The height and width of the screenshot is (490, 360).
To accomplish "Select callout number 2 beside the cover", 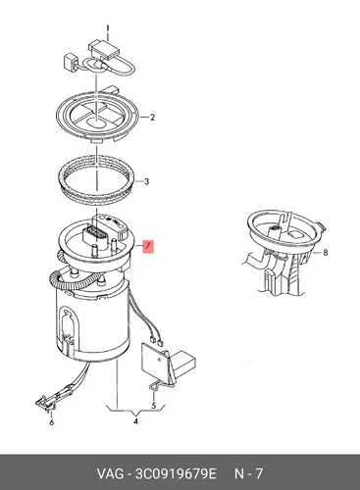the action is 152,117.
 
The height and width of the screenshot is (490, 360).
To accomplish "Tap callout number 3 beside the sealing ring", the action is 146,181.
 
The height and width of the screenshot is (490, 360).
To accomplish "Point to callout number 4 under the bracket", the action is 135,421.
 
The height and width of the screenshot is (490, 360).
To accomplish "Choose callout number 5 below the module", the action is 154,406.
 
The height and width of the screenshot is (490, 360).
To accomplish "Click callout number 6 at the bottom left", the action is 51,422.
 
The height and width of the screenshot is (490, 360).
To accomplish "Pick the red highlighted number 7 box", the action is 148,246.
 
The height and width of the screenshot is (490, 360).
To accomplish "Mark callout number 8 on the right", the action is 325,253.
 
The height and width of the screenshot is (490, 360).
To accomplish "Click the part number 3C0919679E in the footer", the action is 176,473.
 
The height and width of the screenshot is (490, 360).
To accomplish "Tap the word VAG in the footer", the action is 110,473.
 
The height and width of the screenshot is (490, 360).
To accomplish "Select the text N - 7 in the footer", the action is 249,473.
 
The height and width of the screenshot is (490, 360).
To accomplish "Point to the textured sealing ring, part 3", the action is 98,180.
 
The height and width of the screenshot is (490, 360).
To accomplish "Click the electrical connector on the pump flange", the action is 95,236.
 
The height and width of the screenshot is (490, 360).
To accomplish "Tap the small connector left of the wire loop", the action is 71,62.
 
